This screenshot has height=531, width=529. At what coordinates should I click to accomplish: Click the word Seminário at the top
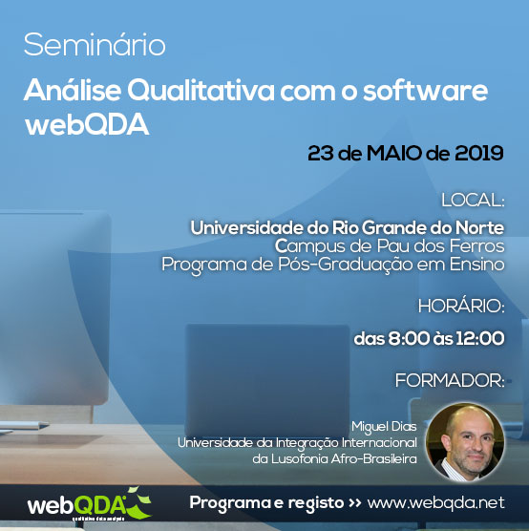click(95, 45)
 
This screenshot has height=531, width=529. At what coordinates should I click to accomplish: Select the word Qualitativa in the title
click(201, 91)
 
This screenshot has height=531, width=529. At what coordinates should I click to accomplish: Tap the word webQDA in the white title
click(87, 125)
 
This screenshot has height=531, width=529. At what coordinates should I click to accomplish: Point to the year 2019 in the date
click(479, 153)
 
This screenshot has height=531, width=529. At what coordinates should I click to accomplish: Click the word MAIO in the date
click(393, 153)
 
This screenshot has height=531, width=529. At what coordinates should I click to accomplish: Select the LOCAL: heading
click(473, 201)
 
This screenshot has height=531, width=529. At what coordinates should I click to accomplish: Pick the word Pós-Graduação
click(345, 265)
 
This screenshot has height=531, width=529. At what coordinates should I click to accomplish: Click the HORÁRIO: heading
click(461, 307)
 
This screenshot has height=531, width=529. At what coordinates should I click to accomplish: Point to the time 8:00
click(409, 338)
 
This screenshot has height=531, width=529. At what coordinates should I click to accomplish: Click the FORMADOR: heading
click(450, 380)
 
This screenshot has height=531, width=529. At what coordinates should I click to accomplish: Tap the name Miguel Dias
click(384, 427)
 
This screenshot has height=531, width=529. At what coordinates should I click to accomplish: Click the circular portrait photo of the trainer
click(465, 442)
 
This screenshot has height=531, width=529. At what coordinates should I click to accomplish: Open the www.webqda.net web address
click(435, 503)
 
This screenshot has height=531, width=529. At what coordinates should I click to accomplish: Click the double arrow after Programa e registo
click(355, 503)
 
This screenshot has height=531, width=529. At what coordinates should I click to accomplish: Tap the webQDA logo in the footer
click(90, 504)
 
